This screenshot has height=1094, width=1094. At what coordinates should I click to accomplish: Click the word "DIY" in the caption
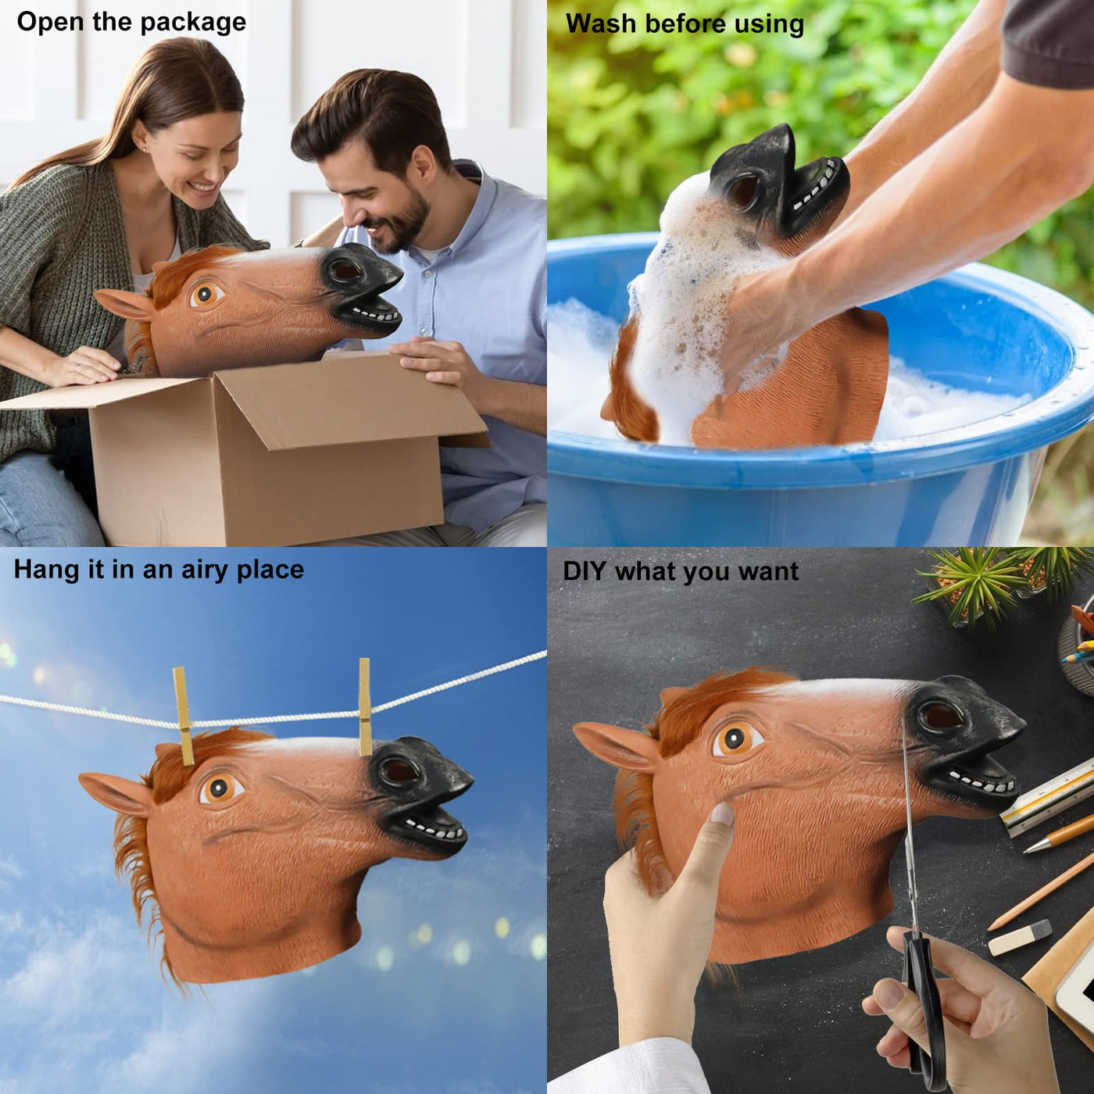point(585,570)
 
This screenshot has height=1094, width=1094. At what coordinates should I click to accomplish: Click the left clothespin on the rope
point(184,716)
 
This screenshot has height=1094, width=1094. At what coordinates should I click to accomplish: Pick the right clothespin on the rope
point(364,706)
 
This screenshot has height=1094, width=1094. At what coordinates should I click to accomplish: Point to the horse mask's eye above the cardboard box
point(205,294)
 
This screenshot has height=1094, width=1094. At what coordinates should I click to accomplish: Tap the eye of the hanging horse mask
point(220,788)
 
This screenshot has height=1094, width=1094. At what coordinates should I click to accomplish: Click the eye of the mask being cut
point(736,738)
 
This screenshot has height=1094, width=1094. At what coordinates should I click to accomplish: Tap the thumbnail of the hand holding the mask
point(723,813)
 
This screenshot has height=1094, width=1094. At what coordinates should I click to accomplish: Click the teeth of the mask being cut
point(981,783)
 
